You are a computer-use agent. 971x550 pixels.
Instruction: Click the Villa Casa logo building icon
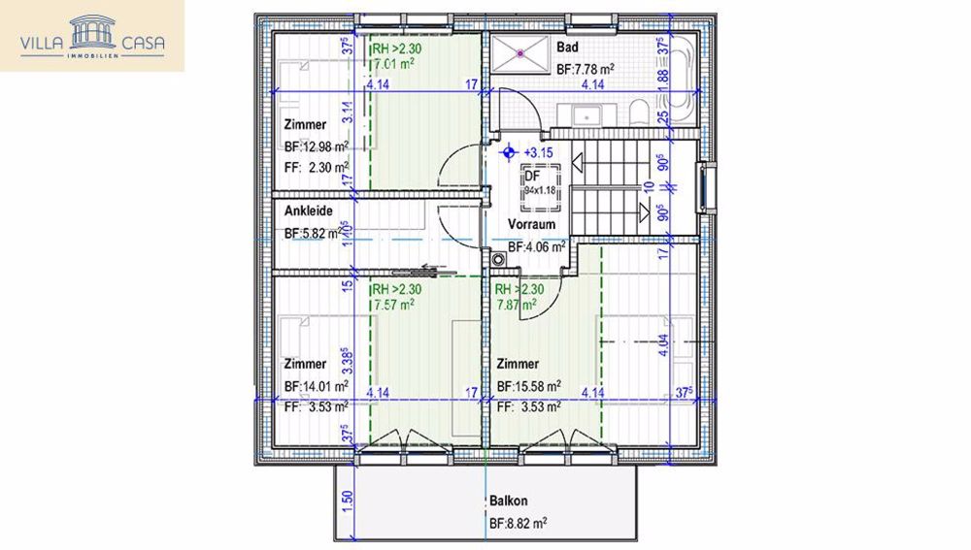coord(93,36)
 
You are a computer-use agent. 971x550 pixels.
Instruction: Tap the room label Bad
coord(568,47)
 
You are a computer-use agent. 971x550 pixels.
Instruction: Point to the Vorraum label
coord(532,224)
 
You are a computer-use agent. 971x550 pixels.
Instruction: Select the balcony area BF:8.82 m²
coord(518,523)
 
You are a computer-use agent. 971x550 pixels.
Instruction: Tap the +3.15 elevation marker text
coord(538,152)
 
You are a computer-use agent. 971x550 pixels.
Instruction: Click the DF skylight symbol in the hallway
coord(532,184)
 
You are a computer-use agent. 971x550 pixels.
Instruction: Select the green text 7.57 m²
coord(394,304)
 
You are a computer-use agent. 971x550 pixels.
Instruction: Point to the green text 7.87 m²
coord(516,304)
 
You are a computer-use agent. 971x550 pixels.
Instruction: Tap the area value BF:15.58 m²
coord(529,386)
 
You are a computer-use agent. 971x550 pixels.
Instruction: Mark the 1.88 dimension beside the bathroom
coord(664,90)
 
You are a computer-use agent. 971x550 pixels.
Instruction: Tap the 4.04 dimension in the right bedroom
coord(664,346)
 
